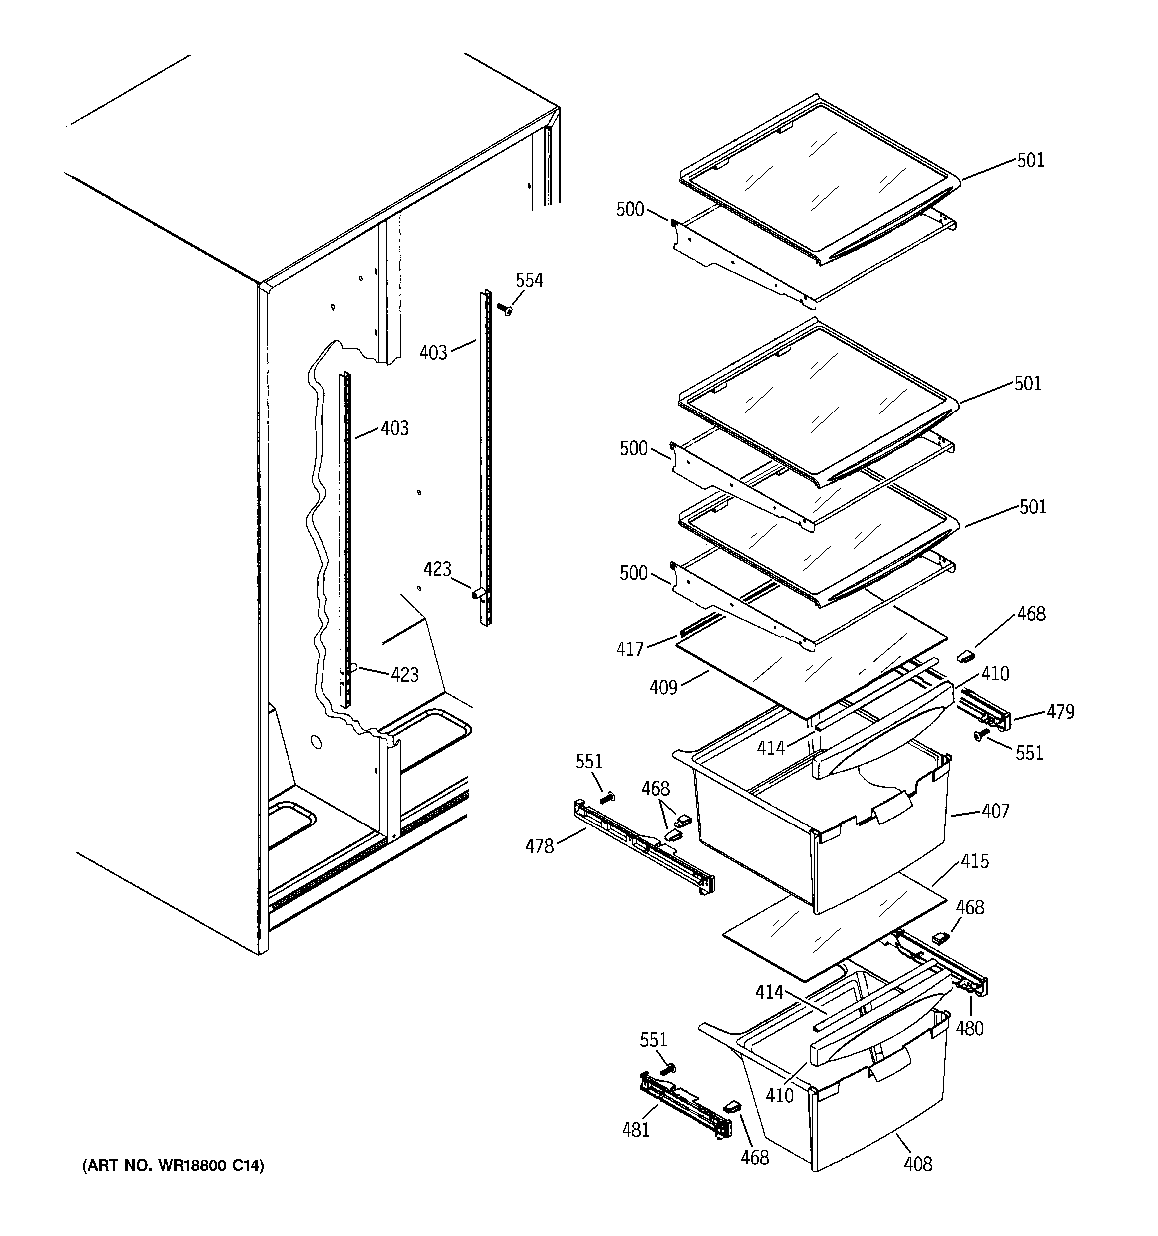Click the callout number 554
click(529, 280)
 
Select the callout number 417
click(629, 649)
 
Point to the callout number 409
click(663, 687)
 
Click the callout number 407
click(995, 811)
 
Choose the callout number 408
click(918, 1163)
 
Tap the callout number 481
click(636, 1129)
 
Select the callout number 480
click(970, 1028)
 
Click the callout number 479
click(1060, 711)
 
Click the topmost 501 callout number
click(1030, 160)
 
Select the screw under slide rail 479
click(981, 736)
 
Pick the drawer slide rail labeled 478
click(643, 848)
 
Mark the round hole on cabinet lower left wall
click(317, 742)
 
